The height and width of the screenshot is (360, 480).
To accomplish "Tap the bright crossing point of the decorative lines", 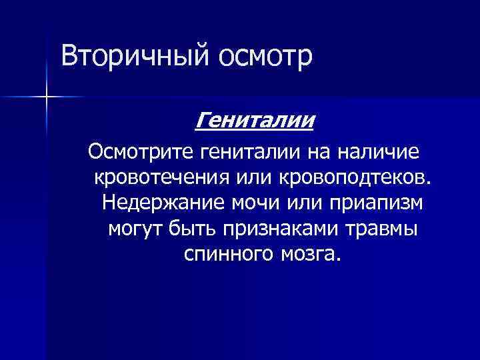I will (46, 97).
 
